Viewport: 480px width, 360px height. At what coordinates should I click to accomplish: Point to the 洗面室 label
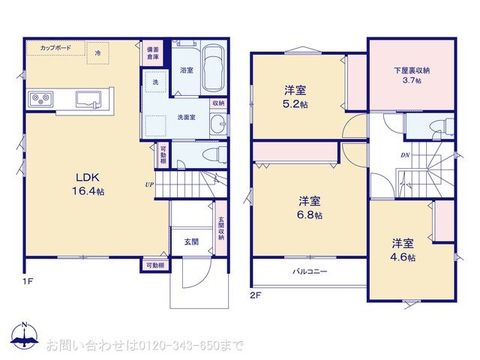tap(187, 117)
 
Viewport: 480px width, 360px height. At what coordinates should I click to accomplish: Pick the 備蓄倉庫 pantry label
tap(152, 52)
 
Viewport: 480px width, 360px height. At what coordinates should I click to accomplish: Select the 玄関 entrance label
tap(191, 241)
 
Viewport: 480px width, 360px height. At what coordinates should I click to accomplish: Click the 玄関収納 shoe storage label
tap(221, 228)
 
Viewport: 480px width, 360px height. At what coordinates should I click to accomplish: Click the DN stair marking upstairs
tap(404, 155)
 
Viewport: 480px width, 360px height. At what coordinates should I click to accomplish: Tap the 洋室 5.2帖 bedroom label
tap(295, 97)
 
